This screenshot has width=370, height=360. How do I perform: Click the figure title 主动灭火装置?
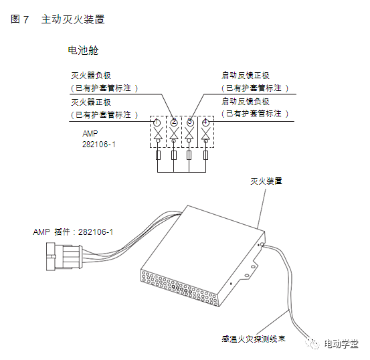click(x=73, y=19)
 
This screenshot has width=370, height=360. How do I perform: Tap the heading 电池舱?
click(x=83, y=50)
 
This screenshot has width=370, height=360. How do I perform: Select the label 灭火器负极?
click(x=91, y=76)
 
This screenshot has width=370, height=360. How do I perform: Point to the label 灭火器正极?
click(x=91, y=102)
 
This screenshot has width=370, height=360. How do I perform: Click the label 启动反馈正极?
click(x=246, y=76)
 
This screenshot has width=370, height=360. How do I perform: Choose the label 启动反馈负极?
click(x=246, y=102)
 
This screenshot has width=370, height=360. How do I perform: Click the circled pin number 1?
click(x=157, y=122)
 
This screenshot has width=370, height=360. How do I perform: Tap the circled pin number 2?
click(x=174, y=122)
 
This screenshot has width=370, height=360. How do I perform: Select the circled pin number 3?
click(x=190, y=122)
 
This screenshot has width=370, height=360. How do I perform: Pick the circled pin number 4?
click(x=205, y=122)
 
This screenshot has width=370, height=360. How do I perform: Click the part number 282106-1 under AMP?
click(x=99, y=145)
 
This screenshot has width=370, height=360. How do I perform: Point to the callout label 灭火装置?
click(x=266, y=181)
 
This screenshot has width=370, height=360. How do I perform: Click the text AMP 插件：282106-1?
click(x=73, y=232)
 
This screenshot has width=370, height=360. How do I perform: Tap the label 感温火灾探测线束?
click(x=254, y=339)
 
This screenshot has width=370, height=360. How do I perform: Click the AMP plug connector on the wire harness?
click(x=64, y=256)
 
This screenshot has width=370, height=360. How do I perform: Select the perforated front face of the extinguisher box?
click(x=180, y=288)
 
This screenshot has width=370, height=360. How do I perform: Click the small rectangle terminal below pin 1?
click(x=159, y=155)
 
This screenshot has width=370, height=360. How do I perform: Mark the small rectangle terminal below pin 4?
click(x=206, y=155)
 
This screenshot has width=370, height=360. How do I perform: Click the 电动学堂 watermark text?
click(x=341, y=344)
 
